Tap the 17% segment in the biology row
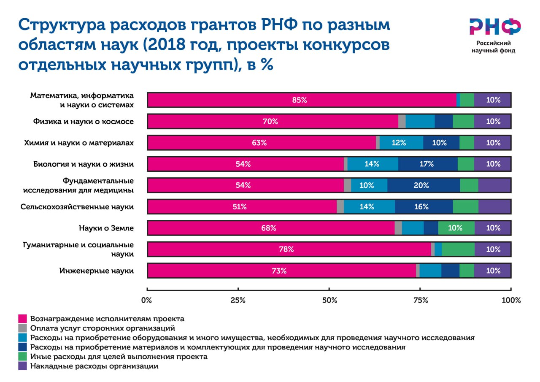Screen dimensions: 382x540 pyautogui.click(x=427, y=164)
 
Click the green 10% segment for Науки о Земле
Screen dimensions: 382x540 pyautogui.click(x=455, y=228)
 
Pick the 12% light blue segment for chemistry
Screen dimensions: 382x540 pyautogui.click(x=399, y=143)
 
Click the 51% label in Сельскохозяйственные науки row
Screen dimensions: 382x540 pyautogui.click(x=239, y=207)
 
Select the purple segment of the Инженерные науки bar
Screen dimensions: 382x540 pyautogui.click(x=492, y=271)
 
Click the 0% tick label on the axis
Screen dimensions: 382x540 pyautogui.click(x=146, y=301)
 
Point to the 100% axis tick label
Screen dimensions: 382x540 pyautogui.click(x=511, y=301)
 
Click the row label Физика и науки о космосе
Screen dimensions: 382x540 pyautogui.click(x=84, y=122)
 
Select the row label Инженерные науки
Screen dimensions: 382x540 pyautogui.click(x=97, y=271)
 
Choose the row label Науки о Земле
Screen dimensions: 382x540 pyautogui.click(x=106, y=228)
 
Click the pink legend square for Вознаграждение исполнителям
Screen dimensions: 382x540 pyautogui.click(x=23, y=318)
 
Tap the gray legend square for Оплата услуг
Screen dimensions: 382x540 pyautogui.click(x=23, y=328)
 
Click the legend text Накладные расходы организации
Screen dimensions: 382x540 pyautogui.click(x=94, y=366)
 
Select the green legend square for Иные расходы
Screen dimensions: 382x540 pyautogui.click(x=23, y=357)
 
